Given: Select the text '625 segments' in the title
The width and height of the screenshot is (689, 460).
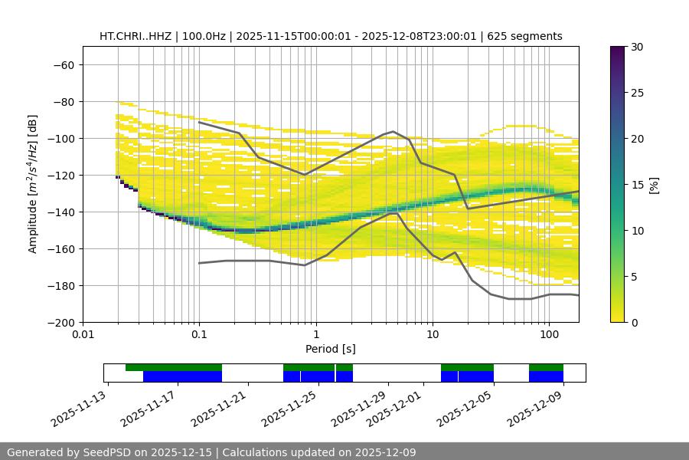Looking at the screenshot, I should click(x=528, y=36).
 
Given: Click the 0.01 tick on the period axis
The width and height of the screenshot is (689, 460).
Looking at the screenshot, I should click(x=83, y=335).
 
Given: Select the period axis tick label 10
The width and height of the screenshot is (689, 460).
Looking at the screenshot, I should click(x=433, y=335).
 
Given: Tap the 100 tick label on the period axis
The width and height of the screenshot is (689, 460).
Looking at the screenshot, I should click(x=549, y=335).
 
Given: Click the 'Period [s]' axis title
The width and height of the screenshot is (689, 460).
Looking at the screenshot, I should click(x=330, y=349).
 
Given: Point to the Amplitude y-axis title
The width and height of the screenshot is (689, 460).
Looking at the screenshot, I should click(x=33, y=184).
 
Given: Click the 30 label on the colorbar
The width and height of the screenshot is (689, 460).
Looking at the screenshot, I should click(x=637, y=47).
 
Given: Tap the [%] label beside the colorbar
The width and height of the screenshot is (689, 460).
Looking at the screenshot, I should click(x=654, y=185).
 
